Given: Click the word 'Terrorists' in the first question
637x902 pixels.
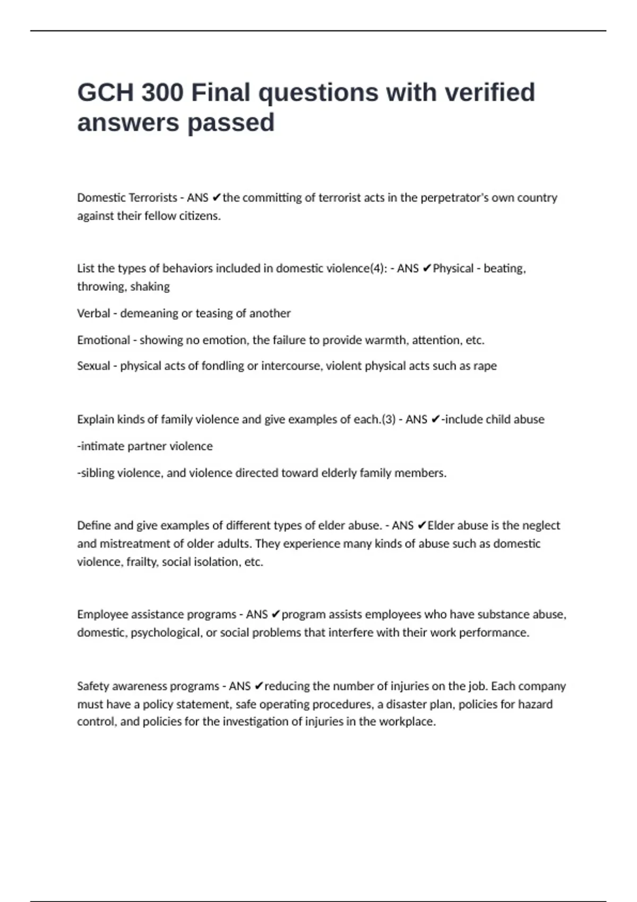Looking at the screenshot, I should [152, 198].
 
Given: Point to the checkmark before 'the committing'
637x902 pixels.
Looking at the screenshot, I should [216, 198].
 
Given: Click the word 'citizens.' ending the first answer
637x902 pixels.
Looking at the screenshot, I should [200, 216].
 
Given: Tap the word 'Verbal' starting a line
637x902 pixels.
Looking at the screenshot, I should [93, 314].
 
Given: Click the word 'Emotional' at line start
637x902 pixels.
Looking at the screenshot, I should [104, 340].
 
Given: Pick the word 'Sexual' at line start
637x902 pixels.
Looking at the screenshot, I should [93, 366].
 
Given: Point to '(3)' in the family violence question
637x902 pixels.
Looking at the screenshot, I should [389, 420].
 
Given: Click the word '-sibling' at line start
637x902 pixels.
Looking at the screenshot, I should [96, 473].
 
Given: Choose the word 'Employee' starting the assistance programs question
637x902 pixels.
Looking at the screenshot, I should [102, 614].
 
